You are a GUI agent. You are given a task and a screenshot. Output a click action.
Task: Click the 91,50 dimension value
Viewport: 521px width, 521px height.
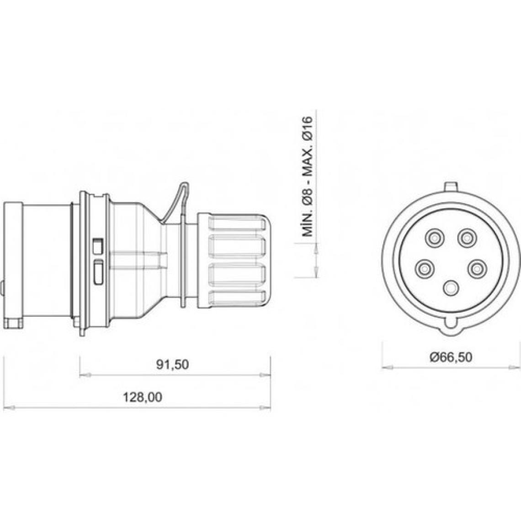[x=172, y=365]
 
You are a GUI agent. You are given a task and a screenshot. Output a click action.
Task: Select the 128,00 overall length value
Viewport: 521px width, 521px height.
[x=143, y=397]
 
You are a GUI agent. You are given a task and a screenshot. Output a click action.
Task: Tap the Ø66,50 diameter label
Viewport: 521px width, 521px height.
[x=451, y=357]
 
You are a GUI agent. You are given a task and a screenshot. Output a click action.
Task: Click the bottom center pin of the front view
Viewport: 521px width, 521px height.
[x=451, y=288]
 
